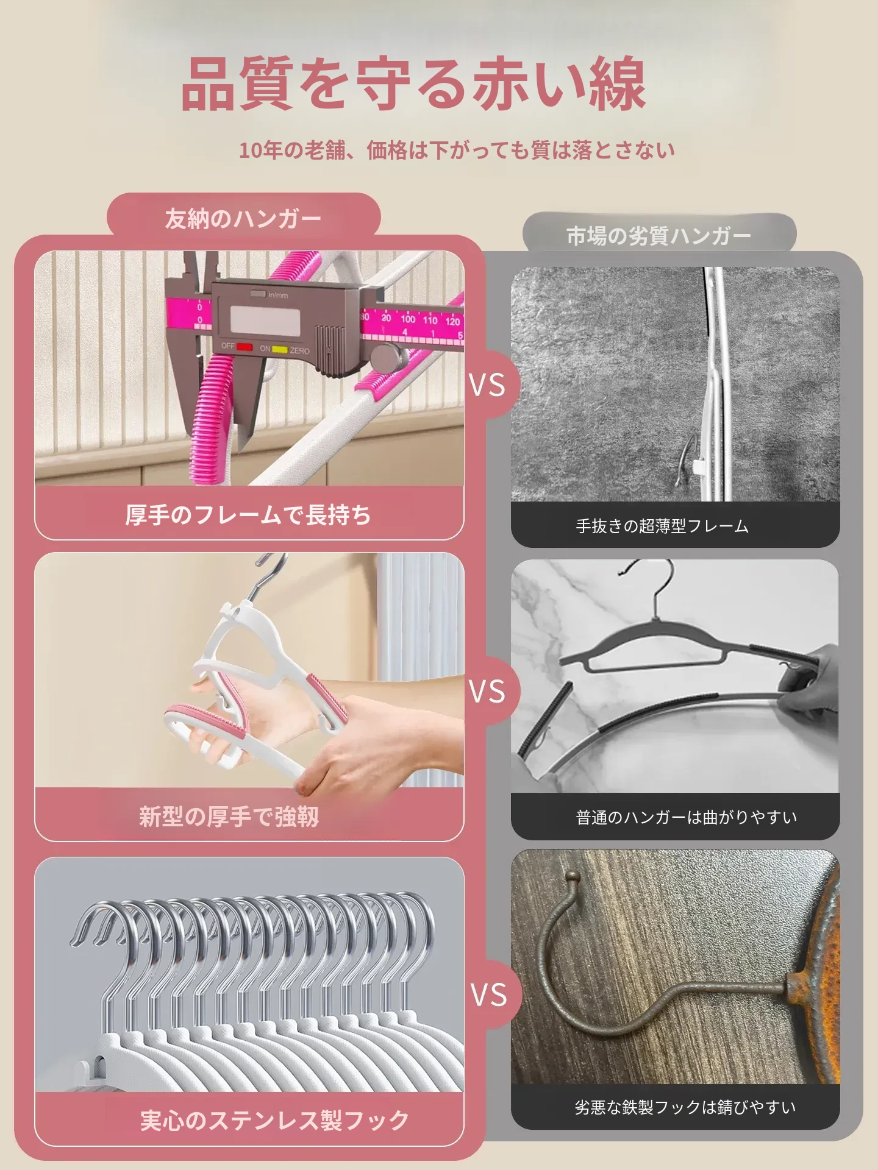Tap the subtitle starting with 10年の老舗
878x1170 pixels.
coord(457,150)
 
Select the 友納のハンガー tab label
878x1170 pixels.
coord(243,218)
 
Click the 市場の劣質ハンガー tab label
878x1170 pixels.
coord(659,236)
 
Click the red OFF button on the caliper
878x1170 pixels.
coord(244,347)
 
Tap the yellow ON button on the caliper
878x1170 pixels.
coord(279,349)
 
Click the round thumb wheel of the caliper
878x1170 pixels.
coord(389,357)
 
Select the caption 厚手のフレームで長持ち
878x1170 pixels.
coord(248,515)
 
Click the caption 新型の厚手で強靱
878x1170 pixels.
coord(229,817)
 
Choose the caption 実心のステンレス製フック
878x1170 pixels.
coord(274,1120)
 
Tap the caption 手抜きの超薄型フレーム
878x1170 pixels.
coord(662,526)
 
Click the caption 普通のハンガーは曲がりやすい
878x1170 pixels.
coord(687,817)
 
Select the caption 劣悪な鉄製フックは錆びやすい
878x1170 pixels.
coord(685,1107)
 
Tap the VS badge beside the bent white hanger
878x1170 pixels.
coord(487,692)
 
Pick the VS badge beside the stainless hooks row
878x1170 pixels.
coord(489,995)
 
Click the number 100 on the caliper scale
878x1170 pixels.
coord(408,319)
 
